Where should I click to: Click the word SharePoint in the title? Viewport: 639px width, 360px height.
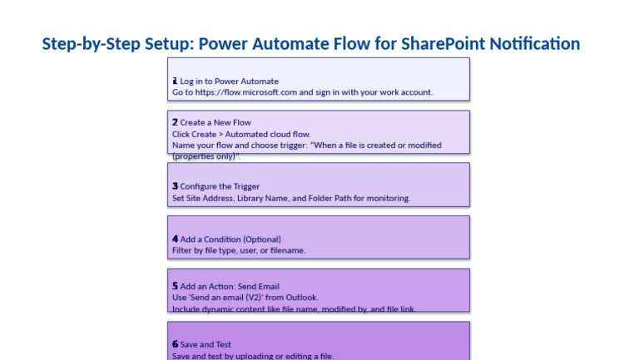(443, 44)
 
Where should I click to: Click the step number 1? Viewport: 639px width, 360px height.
(175, 81)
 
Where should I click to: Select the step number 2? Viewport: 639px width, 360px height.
(175, 122)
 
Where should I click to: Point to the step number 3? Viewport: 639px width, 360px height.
(175, 186)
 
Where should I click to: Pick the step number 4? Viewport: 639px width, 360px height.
(175, 239)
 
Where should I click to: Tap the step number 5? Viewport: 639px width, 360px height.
(175, 286)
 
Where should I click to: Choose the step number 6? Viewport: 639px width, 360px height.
(175, 344)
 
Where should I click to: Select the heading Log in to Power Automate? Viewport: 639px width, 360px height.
(229, 81)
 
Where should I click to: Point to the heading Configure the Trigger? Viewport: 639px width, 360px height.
(220, 187)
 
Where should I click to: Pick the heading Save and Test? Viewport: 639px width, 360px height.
(206, 344)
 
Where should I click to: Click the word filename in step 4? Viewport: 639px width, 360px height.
(288, 250)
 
